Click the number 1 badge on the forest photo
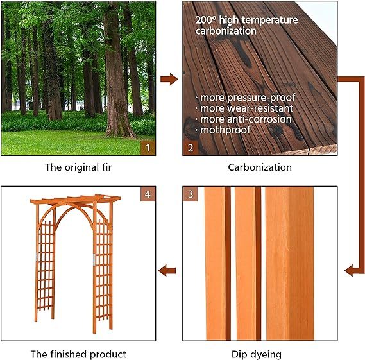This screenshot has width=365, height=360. click(148, 148)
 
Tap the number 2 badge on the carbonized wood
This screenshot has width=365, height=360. click(191, 148)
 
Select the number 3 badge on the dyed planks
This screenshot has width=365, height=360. click(191, 194)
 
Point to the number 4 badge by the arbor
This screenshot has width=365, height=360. click(148, 194)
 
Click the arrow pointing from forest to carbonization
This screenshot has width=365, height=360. click(169, 80)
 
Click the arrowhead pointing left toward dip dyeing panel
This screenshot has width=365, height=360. click(350, 270)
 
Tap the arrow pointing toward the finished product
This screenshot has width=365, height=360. click(167, 270)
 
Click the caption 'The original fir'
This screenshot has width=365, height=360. click(78, 167)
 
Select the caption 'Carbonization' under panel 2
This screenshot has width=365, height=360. click(260, 167)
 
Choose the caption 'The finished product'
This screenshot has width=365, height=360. click(78, 354)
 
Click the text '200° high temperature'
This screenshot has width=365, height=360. click(247, 20)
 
